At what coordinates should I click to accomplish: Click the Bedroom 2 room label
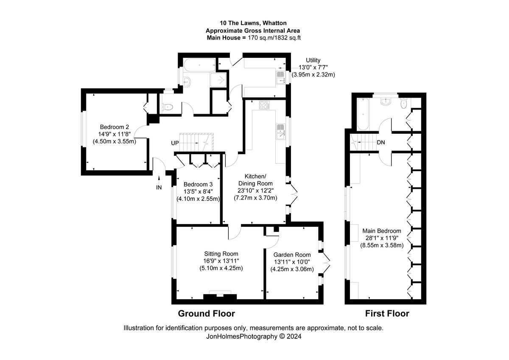[115, 127]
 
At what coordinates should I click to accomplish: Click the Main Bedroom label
[382, 231]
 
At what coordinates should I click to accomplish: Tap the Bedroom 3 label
[198, 184]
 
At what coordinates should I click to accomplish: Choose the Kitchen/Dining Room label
[255, 180]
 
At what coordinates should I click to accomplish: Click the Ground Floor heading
[206, 314]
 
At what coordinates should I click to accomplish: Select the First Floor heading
[387, 314]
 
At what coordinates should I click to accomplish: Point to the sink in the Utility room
[281, 77]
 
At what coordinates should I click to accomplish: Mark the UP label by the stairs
[175, 143]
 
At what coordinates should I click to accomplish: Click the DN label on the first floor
[381, 143]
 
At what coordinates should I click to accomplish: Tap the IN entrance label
[159, 187]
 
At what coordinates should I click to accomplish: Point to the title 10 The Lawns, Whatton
[253, 23]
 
